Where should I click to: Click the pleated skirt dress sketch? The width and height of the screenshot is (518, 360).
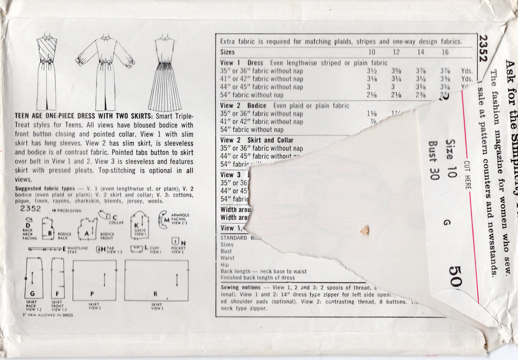[165, 75]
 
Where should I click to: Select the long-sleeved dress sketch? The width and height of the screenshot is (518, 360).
[105, 73]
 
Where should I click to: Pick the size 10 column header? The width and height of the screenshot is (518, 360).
[372, 52]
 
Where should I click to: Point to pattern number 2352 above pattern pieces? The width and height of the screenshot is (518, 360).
[30, 209]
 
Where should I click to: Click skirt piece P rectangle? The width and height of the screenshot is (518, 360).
[94, 280]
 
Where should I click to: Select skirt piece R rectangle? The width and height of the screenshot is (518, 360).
[156, 280]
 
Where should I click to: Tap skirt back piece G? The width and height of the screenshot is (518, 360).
[34, 278]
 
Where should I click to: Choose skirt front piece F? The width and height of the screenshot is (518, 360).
[58, 278]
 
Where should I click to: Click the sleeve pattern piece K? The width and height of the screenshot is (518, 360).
[139, 225]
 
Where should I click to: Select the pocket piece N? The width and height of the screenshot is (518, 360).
[175, 242]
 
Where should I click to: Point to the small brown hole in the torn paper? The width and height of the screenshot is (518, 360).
[364, 231]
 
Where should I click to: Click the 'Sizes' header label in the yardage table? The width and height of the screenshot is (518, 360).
[227, 52]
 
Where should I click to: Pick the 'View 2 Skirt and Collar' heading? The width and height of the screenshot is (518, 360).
[257, 140]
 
